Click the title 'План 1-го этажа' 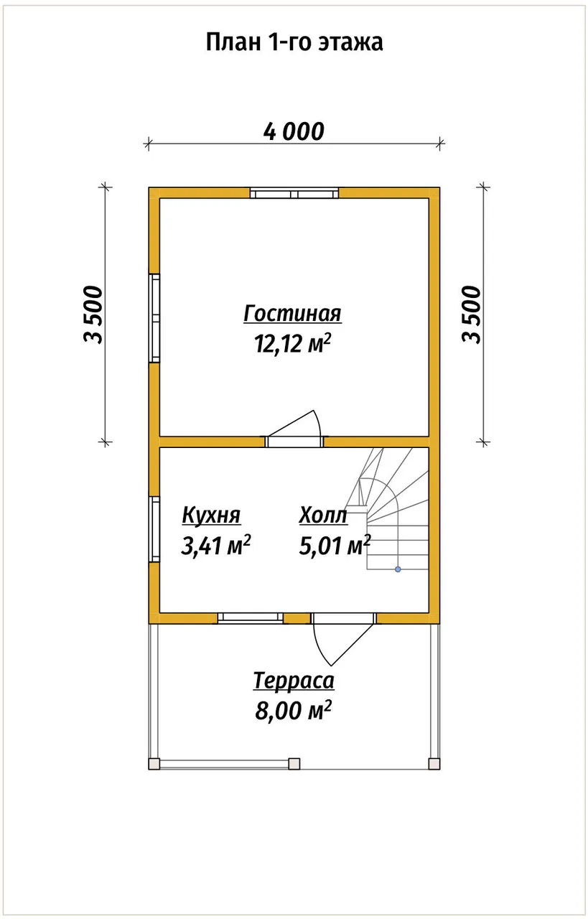pyautogui.click(x=294, y=42)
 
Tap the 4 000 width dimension pyautogui.click(x=294, y=131)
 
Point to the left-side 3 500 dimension pyautogui.click(x=93, y=314)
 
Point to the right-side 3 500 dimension pyautogui.click(x=471, y=314)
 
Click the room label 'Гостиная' pyautogui.click(x=292, y=314)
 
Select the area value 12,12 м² pyautogui.click(x=292, y=343)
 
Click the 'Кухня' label pyautogui.click(x=211, y=516)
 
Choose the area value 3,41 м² pyautogui.click(x=216, y=545)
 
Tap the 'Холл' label pyautogui.click(x=323, y=516)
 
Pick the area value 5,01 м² pyautogui.click(x=335, y=545)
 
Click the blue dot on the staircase pyautogui.click(x=398, y=569)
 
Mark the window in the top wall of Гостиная pyautogui.click(x=294, y=193)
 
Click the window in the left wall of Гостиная pyautogui.click(x=154, y=317)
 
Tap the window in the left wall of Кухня pyautogui.click(x=154, y=529)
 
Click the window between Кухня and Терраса pyautogui.click(x=251, y=618)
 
